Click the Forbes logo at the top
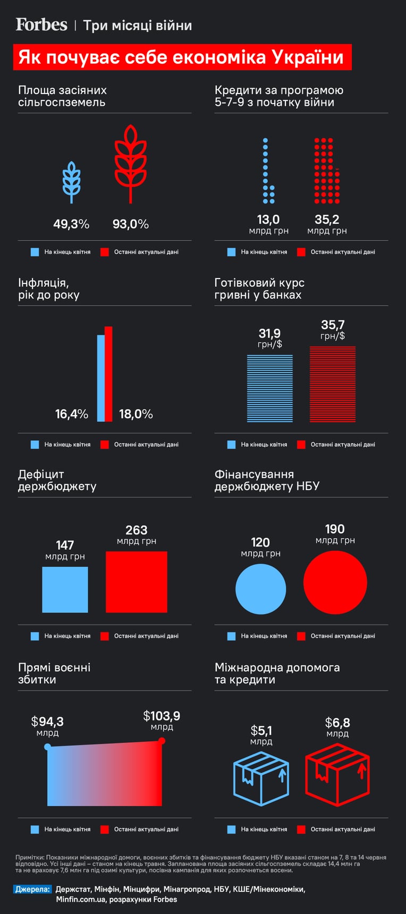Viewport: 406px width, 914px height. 41,24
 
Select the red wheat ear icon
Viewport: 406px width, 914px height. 131,164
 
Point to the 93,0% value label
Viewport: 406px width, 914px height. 131,224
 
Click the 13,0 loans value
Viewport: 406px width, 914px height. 268,219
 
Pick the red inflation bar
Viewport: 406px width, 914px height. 108,374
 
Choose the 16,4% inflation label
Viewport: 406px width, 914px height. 72,414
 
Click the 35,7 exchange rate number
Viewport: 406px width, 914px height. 333,324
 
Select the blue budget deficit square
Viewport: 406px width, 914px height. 65,590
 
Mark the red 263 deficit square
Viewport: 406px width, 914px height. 137,582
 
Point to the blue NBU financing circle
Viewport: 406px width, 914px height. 261,589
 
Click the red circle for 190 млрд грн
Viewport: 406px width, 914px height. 335,582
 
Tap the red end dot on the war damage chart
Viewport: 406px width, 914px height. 162,741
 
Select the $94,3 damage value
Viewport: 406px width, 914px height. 47,722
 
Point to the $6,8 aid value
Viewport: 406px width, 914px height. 337,723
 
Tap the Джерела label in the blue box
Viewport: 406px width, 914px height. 32,889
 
